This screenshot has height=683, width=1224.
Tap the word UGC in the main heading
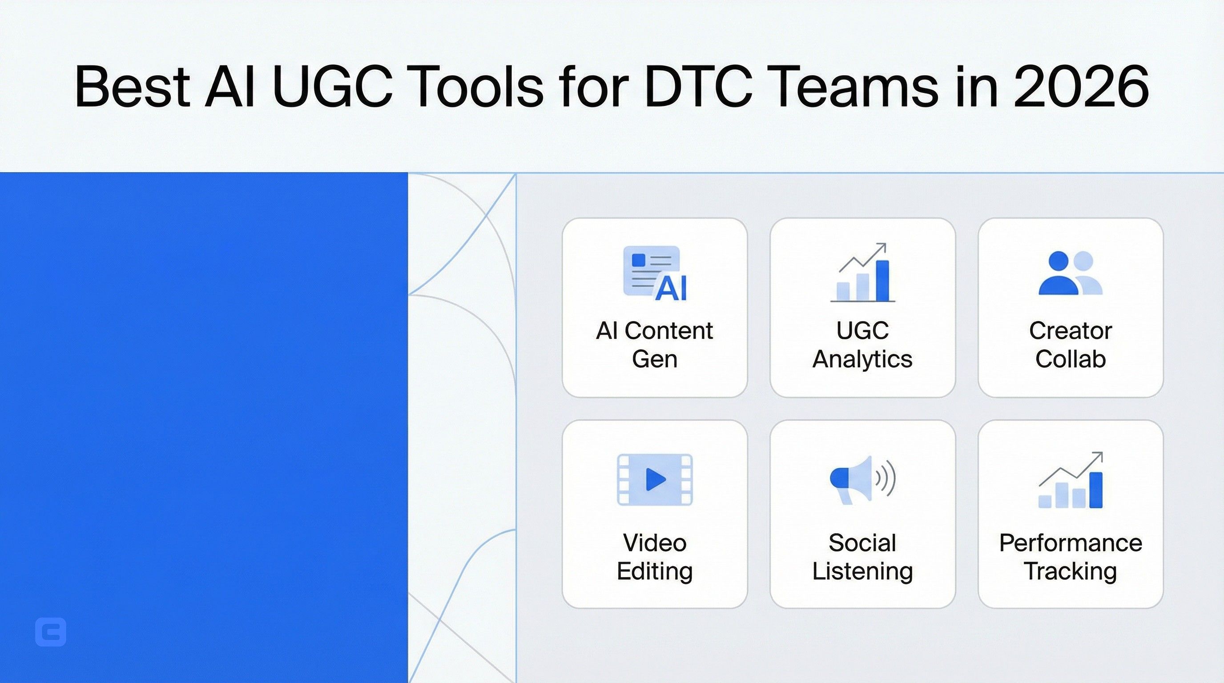333,87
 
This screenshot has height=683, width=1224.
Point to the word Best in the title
133,87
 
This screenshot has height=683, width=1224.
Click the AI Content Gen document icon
655,273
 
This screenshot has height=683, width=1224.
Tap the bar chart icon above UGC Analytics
862,273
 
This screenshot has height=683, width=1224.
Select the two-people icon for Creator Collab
1070,273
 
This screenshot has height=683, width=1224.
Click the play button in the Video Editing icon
656,479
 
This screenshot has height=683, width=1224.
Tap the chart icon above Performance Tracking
1071,481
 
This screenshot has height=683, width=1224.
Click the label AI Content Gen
654,344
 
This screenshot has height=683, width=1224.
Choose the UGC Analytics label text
862,344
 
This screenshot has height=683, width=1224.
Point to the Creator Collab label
1071,344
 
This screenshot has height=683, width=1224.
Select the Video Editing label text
654,557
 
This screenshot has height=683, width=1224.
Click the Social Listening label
862,557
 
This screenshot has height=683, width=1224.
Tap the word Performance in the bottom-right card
1071,543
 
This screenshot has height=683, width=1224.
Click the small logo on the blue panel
51,632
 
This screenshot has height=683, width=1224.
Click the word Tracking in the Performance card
1071,571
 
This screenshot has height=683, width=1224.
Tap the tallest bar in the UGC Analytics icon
882,281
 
